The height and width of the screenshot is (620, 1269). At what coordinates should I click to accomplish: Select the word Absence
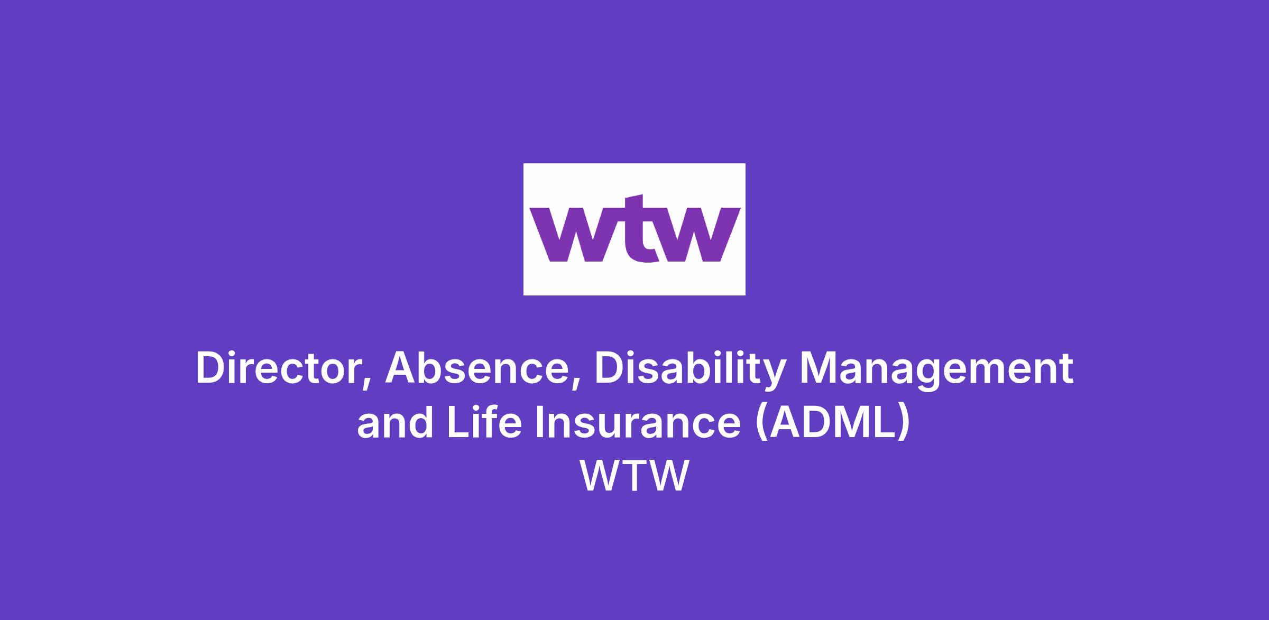coord(475,368)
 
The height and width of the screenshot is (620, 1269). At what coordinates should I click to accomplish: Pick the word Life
coord(484,422)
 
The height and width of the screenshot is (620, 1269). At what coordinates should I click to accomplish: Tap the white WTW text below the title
coord(635,476)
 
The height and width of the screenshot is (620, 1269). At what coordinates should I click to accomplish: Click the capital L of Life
coord(458,422)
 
